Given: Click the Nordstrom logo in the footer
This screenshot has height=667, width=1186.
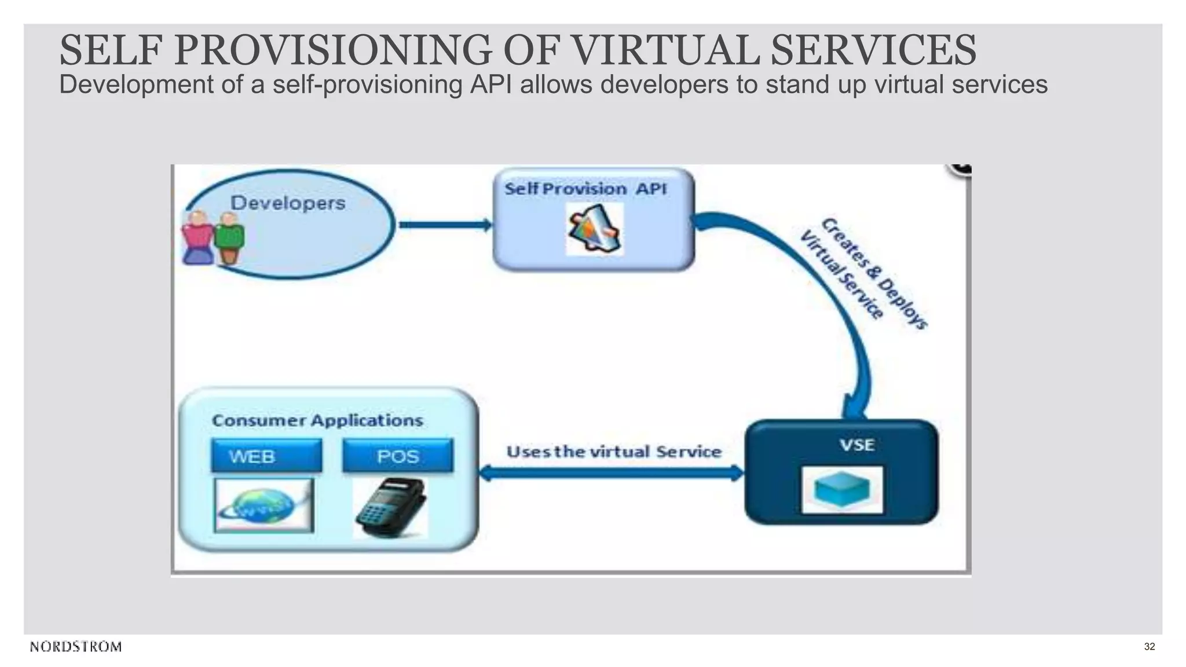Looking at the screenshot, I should click(76, 647).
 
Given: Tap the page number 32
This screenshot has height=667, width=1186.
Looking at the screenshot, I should click(1150, 647).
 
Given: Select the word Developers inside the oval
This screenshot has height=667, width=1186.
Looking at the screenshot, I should click(288, 203).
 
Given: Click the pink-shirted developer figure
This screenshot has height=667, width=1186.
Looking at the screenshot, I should click(197, 238).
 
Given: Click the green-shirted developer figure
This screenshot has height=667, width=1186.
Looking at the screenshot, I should click(229, 238).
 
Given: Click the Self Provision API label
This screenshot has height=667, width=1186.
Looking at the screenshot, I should click(585, 189).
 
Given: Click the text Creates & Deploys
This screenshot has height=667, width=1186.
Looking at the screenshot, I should click(875, 273).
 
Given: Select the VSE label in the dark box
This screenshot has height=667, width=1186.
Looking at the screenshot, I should click(857, 445).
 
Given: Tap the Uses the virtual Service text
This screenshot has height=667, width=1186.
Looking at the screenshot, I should click(614, 452).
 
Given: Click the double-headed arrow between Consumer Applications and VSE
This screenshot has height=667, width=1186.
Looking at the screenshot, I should click(612, 474).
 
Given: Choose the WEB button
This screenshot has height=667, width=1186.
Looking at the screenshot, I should click(266, 456).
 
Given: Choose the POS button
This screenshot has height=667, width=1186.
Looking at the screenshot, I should click(397, 456).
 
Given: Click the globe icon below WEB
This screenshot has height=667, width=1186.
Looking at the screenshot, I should click(263, 505).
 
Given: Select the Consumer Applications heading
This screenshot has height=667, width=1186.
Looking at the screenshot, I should click(317, 420).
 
